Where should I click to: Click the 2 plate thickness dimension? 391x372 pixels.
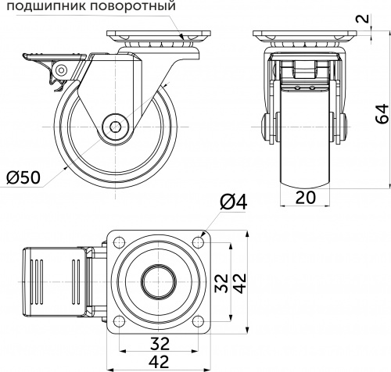[382, 19]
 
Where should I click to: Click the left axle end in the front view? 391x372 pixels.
[264, 127]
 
